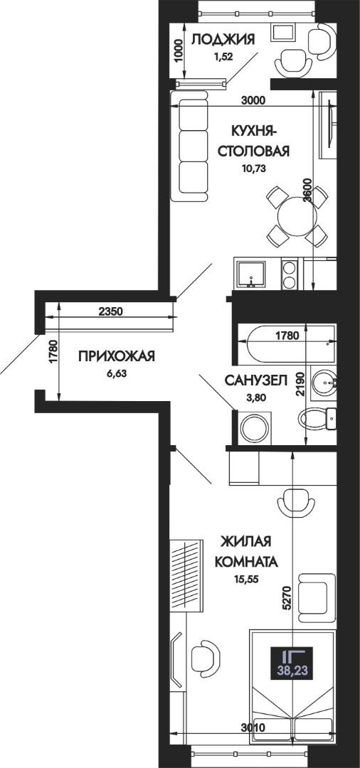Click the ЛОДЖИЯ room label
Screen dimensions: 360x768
point(223,39)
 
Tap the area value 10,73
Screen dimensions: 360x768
point(253,169)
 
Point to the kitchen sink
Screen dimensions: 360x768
point(250,275)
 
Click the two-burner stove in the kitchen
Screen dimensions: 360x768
point(290,274)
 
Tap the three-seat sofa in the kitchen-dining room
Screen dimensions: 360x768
point(191,149)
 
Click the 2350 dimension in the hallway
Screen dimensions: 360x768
point(110,311)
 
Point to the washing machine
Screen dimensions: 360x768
point(255,427)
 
